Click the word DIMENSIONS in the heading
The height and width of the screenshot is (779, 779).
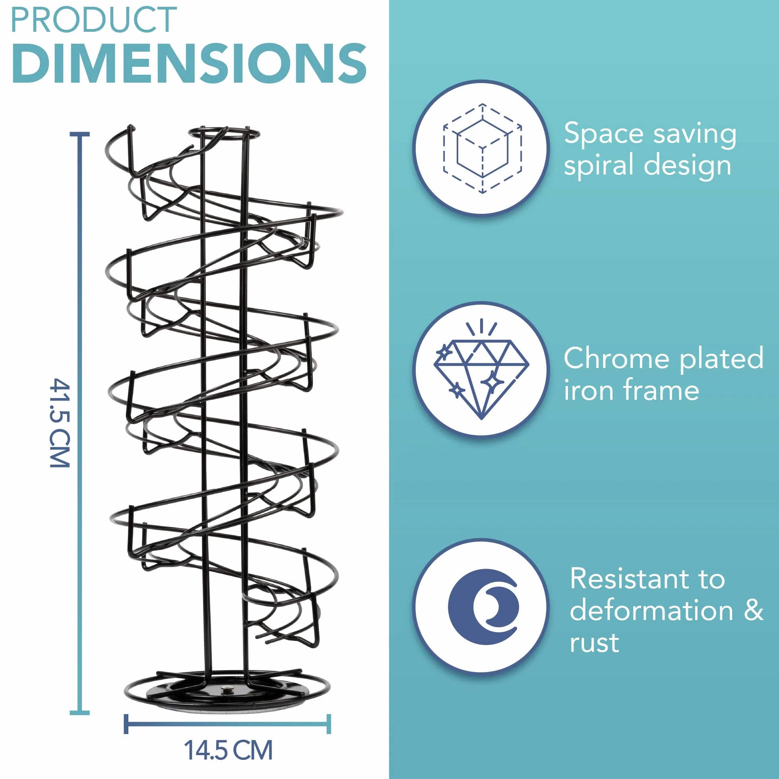pyautogui.click(x=189, y=64)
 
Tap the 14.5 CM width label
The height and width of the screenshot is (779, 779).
pyautogui.click(x=228, y=750)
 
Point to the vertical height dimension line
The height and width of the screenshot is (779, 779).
pyautogui.click(x=79, y=423)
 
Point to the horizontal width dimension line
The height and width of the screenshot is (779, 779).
pyautogui.click(x=227, y=724)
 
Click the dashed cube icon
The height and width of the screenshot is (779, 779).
pyautogui.click(x=482, y=148)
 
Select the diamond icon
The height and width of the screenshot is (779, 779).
pyautogui.click(x=481, y=369)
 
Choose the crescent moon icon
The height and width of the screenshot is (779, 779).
pyautogui.click(x=483, y=606)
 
